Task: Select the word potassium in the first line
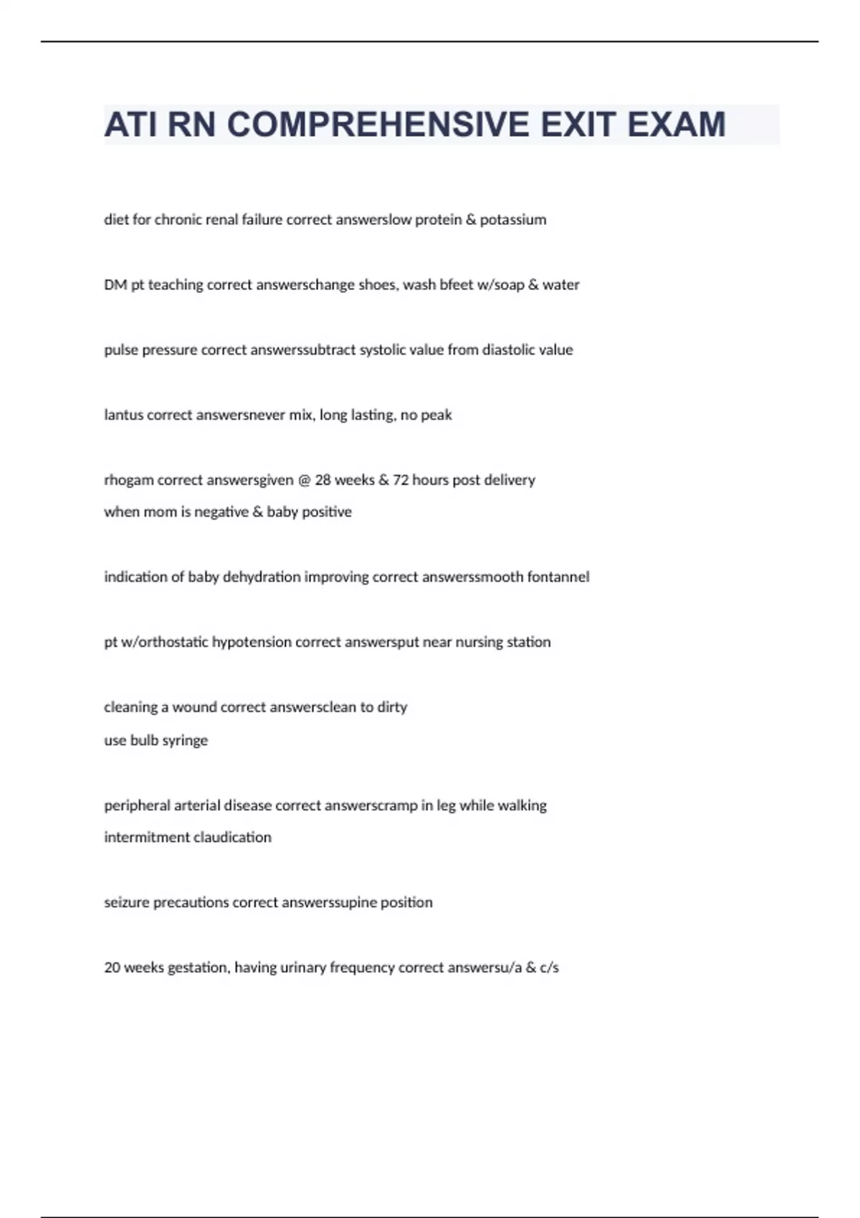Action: click(x=513, y=220)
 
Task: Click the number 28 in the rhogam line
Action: click(x=322, y=480)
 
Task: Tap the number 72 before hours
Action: click(x=401, y=480)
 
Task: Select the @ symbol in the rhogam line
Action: click(x=304, y=481)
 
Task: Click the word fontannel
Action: click(x=558, y=577)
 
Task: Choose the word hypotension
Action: click(x=252, y=643)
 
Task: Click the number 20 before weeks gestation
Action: click(x=112, y=968)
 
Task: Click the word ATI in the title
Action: click(x=130, y=125)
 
